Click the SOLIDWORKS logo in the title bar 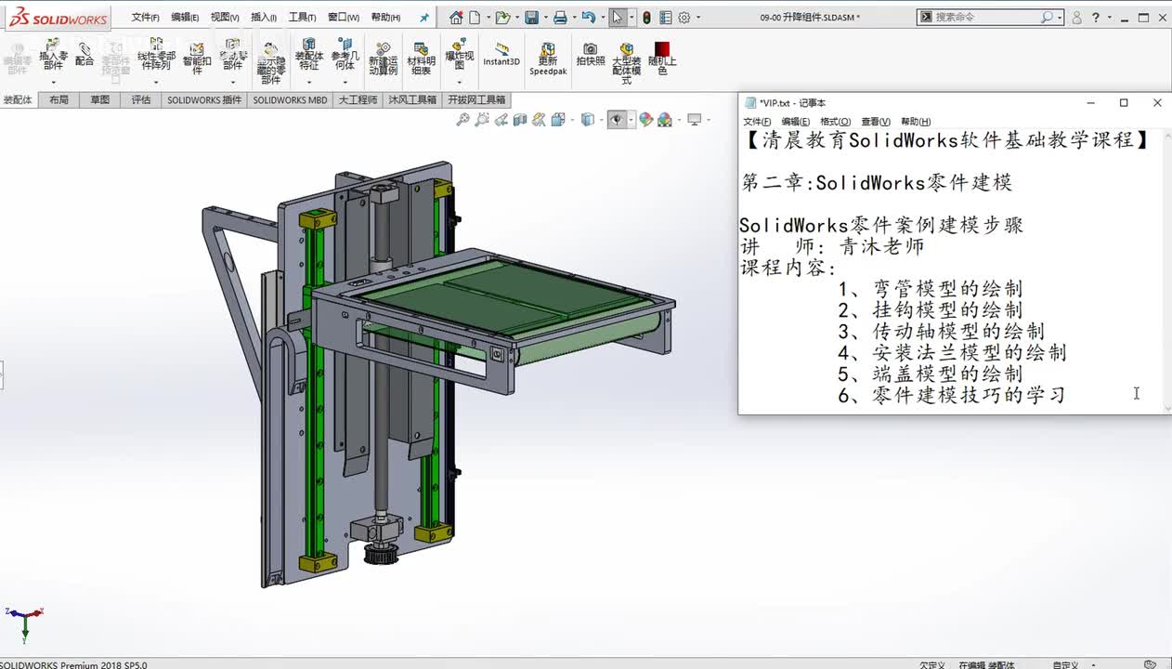coord(58,18)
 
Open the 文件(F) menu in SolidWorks coord(145,18)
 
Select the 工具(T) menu coord(302,18)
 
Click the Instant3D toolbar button coord(501,55)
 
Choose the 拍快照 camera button coord(590,55)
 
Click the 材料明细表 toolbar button coord(421,58)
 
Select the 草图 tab coord(99,100)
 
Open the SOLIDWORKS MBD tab coord(290,100)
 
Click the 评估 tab coord(140,100)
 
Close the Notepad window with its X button coord(1156,103)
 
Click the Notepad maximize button coord(1123,103)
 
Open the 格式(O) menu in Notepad coord(835,122)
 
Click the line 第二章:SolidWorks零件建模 coord(877,183)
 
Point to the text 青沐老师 coord(882,247)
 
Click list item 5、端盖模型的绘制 coord(930,374)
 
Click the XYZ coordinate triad coord(24,618)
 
